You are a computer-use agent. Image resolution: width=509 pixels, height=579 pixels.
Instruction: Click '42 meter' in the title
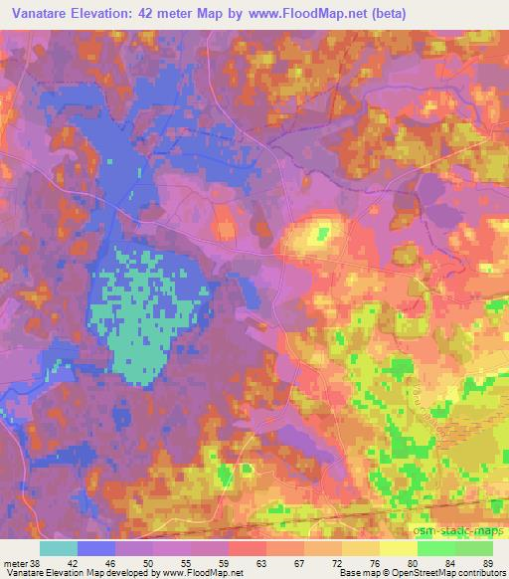(176, 15)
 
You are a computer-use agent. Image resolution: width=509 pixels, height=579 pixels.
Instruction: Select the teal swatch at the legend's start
(59, 548)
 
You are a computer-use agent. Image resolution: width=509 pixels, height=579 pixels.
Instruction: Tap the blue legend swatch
(96, 548)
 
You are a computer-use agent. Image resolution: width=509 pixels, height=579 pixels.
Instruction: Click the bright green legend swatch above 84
(436, 548)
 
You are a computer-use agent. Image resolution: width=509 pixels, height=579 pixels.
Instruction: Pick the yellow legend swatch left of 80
(399, 548)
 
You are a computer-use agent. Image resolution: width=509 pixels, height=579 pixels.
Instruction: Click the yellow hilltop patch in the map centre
(320, 235)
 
